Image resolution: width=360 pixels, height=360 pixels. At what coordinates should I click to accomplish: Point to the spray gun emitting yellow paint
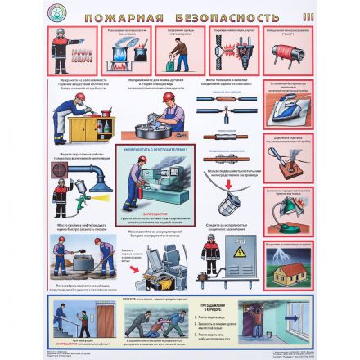coord(84,199)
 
